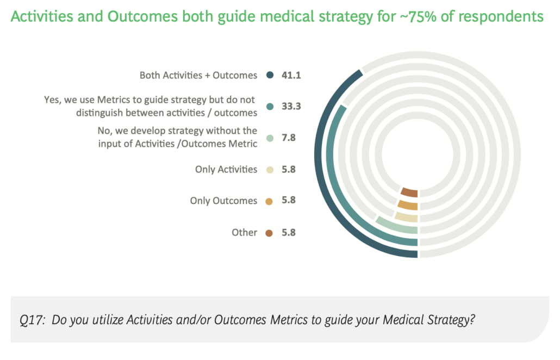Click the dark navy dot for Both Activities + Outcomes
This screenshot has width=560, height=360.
pos(269,76)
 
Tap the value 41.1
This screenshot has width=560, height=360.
pos(291,76)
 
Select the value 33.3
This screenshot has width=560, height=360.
pos(291,107)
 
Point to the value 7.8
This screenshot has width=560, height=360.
pos(288,138)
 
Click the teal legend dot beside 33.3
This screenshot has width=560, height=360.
pos(269,107)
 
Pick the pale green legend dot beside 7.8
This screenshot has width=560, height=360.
pos(269,138)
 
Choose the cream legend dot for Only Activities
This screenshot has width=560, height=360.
pos(269,170)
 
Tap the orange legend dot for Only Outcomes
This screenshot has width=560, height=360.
pos(269,201)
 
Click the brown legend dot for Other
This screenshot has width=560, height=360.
pos(269,233)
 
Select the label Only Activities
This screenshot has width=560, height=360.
pos(226,170)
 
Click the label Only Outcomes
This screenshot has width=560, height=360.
pos(223,201)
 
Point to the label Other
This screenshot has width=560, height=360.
pos(244,233)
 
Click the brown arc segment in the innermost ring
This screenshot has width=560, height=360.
pos(409,192)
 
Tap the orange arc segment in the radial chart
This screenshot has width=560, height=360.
pos(407,206)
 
